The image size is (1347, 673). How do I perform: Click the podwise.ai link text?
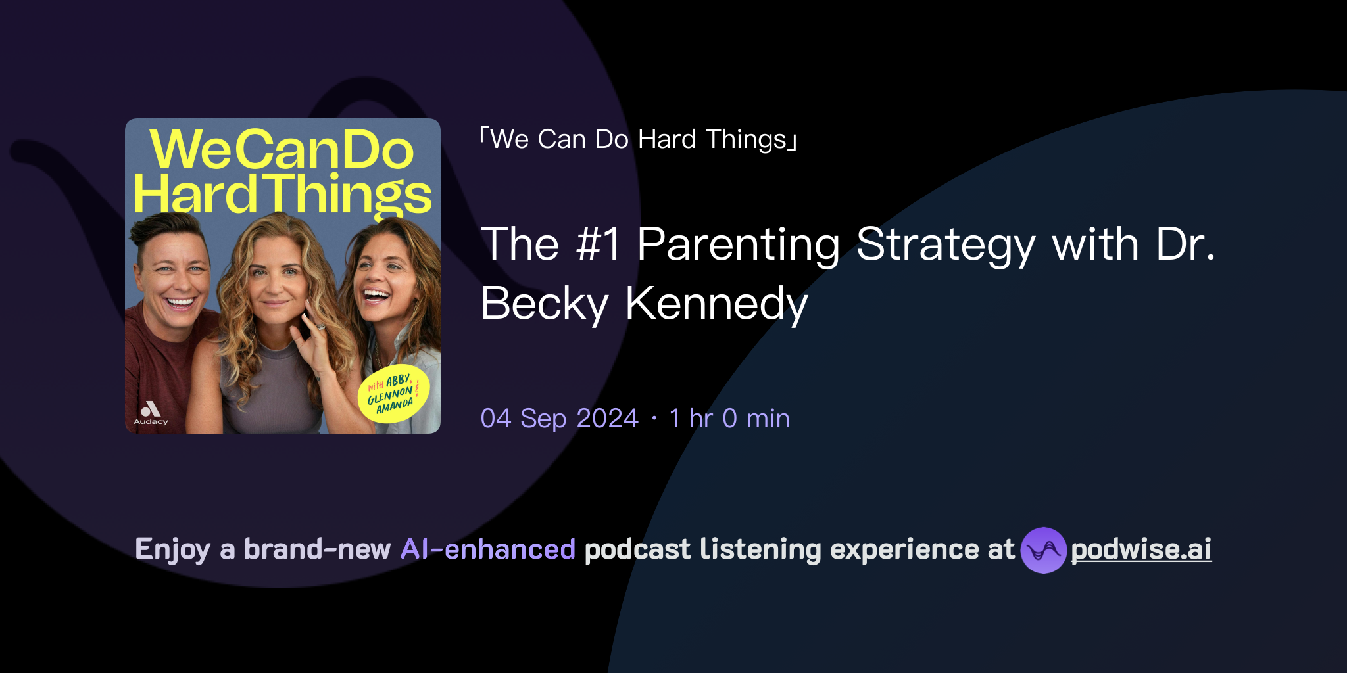(1140, 550)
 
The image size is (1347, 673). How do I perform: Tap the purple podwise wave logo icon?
(1043, 550)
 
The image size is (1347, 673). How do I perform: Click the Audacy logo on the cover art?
(151, 413)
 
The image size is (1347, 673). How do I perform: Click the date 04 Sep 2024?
(559, 419)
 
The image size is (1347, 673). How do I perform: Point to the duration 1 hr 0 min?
(729, 419)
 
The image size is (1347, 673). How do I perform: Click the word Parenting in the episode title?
(739, 244)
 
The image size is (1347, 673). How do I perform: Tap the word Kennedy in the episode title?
(716, 304)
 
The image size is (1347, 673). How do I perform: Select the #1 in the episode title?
(597, 244)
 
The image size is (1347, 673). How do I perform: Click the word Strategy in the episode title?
(945, 244)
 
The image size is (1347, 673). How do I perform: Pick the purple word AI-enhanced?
(488, 549)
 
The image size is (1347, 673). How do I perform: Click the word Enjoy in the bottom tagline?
(172, 549)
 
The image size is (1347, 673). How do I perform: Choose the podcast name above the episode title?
(638, 139)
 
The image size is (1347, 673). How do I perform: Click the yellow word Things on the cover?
(350, 195)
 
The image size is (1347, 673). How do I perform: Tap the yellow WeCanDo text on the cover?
(282, 150)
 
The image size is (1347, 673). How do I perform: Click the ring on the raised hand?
(320, 327)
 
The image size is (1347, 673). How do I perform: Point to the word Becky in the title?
(545, 304)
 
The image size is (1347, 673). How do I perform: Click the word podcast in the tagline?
(637, 549)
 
